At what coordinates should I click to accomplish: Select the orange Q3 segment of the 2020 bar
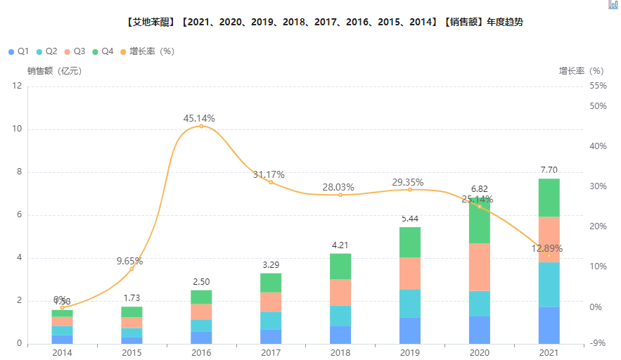(479, 266)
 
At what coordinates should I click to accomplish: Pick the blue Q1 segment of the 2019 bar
(410, 330)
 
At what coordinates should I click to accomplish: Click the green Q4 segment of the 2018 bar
(340, 266)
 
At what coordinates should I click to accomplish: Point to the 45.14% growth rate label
(199, 118)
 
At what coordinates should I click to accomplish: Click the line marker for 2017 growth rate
(271, 182)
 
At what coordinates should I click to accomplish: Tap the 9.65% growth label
(129, 261)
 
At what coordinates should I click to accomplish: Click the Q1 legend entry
(18, 51)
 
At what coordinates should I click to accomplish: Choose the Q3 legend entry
(75, 51)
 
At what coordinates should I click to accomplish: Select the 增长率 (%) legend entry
(147, 51)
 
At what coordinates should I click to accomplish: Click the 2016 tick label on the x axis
(201, 352)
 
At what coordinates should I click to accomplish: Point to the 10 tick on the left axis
(17, 129)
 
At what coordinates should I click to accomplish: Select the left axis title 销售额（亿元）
(54, 70)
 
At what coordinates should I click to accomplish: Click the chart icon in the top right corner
(613, 4)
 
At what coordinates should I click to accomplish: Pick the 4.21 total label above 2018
(340, 245)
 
